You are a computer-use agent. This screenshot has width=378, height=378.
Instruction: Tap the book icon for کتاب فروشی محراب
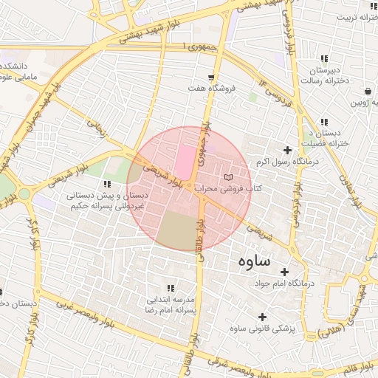coord(227,178)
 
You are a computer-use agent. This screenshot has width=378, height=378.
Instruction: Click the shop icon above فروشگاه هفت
coord(212,78)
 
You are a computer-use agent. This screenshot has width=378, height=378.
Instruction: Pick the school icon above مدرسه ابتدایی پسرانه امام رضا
coord(171,288)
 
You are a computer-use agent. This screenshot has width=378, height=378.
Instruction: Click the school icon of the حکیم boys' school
coord(108,184)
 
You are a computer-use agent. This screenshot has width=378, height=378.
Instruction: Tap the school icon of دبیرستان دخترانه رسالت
coord(324,59)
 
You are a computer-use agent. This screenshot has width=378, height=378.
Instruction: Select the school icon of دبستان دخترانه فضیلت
coord(324,122)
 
